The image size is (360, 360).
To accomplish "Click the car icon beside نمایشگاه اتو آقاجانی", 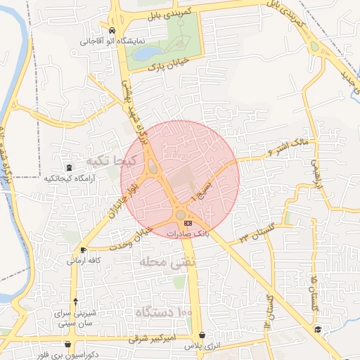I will pyautogui.click(x=112, y=31).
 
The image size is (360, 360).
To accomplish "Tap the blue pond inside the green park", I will pyautogui.click(x=147, y=53).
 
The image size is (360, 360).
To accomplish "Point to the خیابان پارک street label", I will pyautogui.click(x=166, y=65).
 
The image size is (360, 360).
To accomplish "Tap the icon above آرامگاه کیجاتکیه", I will pyautogui.click(x=69, y=167).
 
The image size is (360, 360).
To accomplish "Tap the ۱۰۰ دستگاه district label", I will pyautogui.click(x=166, y=311).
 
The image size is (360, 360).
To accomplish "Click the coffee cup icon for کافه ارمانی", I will pyautogui.click(x=84, y=250).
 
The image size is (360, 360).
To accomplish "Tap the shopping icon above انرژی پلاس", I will pyautogui.click(x=202, y=335).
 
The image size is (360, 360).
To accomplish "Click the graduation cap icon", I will pyautogui.click(x=318, y=330).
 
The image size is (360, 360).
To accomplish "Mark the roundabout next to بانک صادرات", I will pyautogui.click(x=181, y=214).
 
